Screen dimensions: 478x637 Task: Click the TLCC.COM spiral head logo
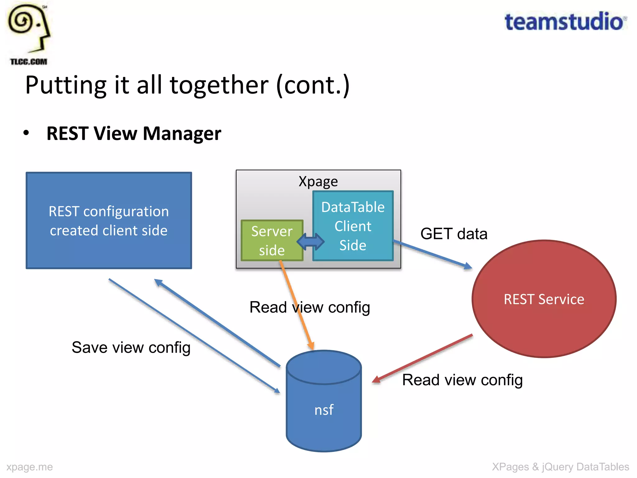click(29, 33)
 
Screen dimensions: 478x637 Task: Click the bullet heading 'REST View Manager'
click(134, 134)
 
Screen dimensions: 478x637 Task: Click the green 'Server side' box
click(272, 241)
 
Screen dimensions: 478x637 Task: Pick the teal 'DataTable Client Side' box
click(353, 226)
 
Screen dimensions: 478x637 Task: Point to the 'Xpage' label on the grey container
click(318, 181)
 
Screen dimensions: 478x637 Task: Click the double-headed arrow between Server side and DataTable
click(310, 241)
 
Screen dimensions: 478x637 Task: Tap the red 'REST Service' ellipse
click(544, 299)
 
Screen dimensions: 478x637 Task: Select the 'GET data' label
click(453, 234)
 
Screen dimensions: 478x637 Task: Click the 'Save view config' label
click(131, 348)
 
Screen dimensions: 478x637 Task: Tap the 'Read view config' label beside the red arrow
click(462, 380)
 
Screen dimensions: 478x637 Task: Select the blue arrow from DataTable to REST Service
click(432, 254)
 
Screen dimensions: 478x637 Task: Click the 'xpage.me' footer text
click(30, 467)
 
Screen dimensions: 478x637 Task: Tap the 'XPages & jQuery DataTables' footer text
click(560, 467)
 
